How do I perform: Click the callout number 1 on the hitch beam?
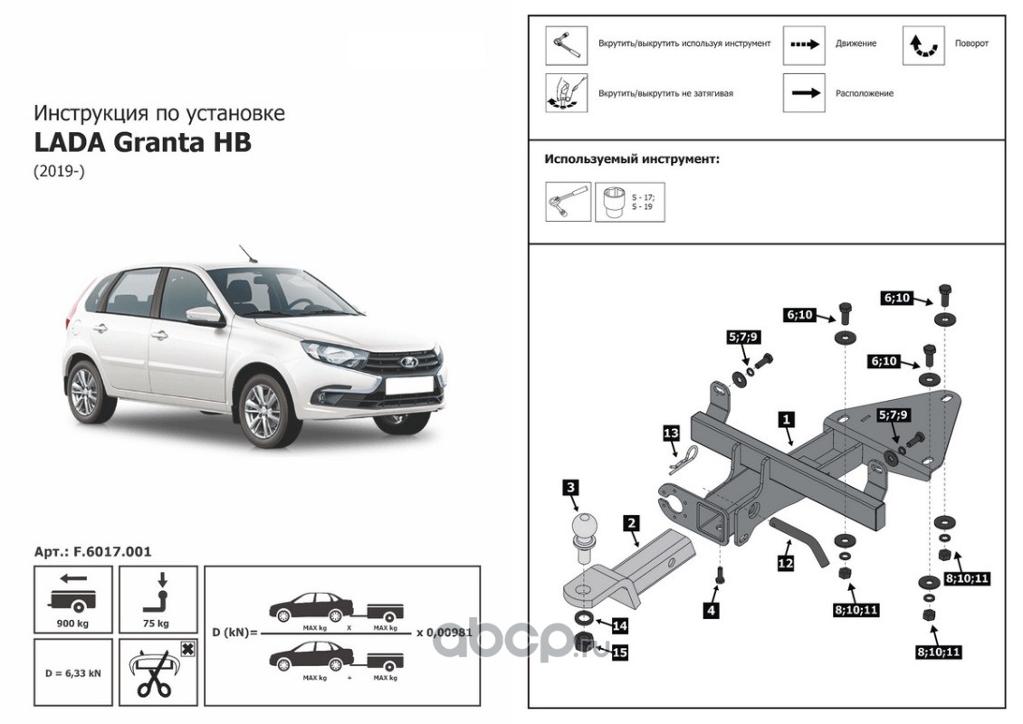coord(787,420)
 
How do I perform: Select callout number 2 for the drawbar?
coord(632,523)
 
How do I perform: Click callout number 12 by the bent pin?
coord(784,563)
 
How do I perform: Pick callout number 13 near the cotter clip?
coord(670,433)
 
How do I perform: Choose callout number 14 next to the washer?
coord(619,625)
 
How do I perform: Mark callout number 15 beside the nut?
coord(619,651)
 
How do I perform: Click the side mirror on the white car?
coord(205,316)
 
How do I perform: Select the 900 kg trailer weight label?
coord(72,624)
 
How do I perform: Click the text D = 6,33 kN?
coord(72,673)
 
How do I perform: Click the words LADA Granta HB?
coord(143,143)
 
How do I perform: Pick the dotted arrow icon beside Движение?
coord(803,43)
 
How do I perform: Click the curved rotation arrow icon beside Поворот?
coord(923,44)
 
